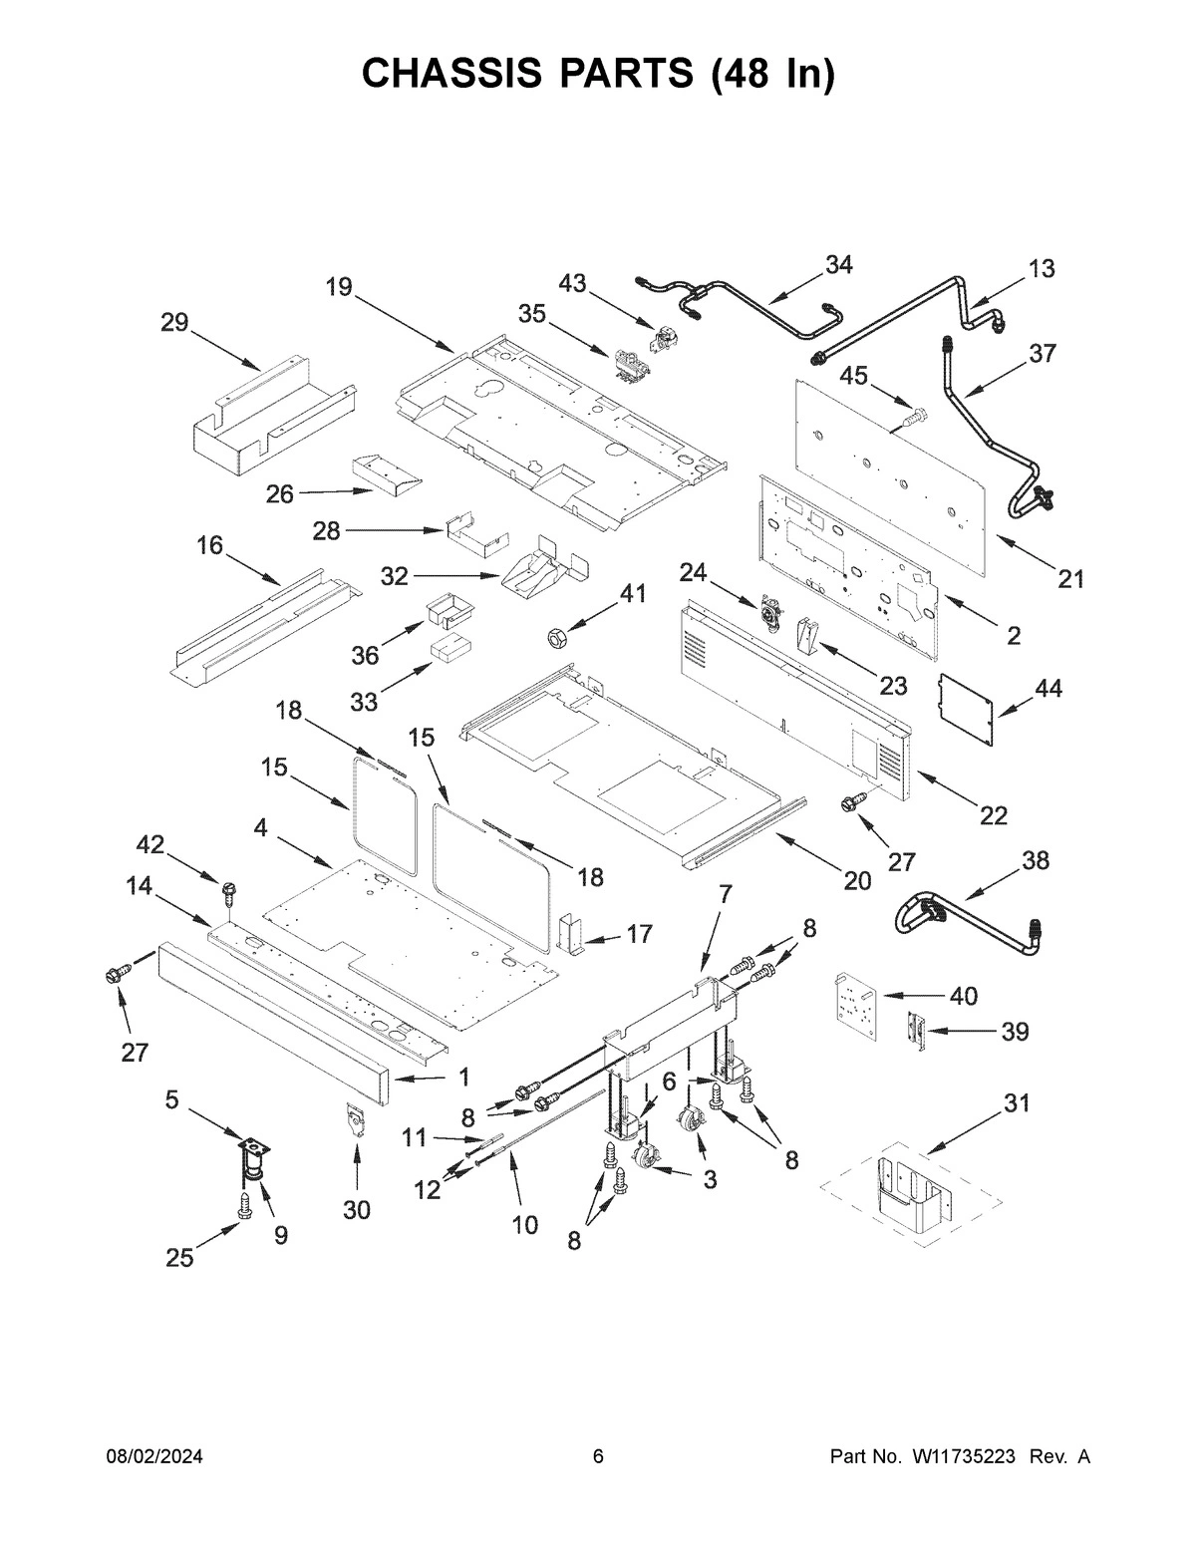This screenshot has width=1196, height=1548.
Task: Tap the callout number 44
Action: (1048, 688)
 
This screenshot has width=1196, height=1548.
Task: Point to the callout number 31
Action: (1017, 1103)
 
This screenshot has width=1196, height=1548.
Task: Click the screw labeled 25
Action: (245, 1207)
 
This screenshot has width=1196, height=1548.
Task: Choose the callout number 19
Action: (339, 287)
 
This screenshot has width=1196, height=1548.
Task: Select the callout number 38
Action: (1036, 860)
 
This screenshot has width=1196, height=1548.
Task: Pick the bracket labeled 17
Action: (572, 933)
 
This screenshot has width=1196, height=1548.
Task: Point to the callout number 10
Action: (525, 1225)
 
